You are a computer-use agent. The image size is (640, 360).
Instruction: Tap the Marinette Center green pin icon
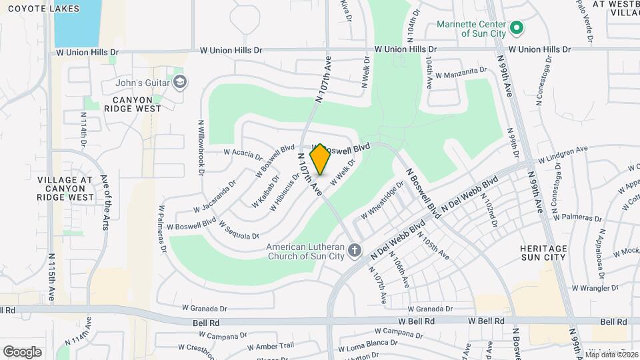(x=515, y=29)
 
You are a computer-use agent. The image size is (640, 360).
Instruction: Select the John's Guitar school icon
(x=179, y=83)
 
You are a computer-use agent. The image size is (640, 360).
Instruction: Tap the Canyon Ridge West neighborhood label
(x=132, y=104)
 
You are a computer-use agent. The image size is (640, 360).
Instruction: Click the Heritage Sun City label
(x=543, y=253)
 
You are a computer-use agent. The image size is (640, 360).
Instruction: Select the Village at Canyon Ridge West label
(x=65, y=189)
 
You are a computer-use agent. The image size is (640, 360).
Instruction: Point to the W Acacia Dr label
(x=243, y=154)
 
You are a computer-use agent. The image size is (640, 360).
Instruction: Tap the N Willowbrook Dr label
(x=201, y=147)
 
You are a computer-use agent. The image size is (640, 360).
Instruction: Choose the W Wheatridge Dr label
(x=383, y=200)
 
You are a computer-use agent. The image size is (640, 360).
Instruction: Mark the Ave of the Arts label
(x=105, y=202)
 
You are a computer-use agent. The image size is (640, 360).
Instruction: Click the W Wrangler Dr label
(x=596, y=289)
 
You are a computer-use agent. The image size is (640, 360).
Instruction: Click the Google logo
(x=22, y=351)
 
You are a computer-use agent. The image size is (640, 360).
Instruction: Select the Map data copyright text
(x=611, y=355)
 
